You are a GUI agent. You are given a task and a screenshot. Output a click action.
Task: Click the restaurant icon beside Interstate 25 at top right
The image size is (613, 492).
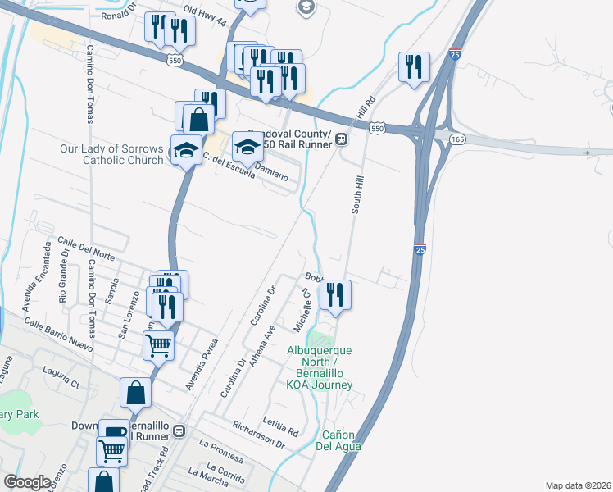pos(414,66)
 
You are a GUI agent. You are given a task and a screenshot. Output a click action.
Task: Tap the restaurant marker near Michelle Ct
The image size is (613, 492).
pos(334,294)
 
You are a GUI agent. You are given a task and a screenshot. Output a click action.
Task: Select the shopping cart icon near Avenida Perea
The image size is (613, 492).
pos(158,344)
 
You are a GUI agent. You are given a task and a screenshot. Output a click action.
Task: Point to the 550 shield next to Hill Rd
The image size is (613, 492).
pos(376,129)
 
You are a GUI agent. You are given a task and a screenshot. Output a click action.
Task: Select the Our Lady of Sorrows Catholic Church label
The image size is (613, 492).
pos(112,154)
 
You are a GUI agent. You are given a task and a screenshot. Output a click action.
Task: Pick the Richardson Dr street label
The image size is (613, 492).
pos(258,435)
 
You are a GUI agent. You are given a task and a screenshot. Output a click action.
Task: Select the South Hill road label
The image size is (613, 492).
pos(356,194)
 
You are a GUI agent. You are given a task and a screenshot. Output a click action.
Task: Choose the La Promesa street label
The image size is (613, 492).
pos(221,449)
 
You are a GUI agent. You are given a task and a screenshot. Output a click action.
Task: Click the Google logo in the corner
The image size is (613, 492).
pos(27,482)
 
